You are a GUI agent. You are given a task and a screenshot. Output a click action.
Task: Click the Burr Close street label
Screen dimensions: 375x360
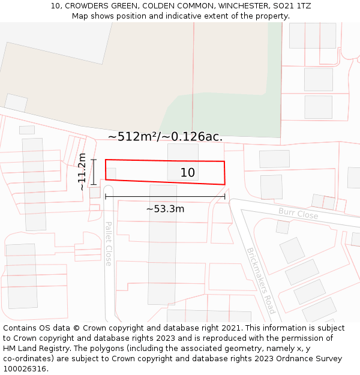point(298,213)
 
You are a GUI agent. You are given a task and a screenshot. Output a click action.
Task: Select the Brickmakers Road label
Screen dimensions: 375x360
point(261,280)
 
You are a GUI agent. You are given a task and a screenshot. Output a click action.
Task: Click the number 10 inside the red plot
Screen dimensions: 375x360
point(188,173)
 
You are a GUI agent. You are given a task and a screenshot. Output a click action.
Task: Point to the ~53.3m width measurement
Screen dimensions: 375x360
point(165,209)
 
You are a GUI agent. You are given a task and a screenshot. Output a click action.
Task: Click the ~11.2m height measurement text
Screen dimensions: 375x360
point(82,172)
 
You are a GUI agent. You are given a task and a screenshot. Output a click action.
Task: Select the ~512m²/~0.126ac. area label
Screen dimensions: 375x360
point(165,137)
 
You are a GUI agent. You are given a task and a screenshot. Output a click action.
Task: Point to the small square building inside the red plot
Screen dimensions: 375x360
point(111,173)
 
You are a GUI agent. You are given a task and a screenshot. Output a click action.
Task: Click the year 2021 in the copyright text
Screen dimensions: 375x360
point(230,328)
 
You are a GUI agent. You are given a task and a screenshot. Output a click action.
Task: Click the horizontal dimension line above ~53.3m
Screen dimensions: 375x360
point(165,196)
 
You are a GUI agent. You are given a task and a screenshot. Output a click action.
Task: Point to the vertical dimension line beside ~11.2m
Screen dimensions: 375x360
point(94,172)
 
